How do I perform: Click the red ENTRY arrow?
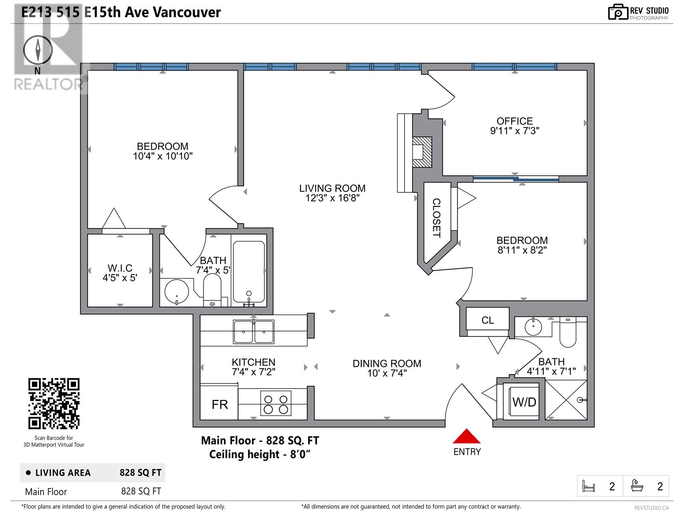point(467,437)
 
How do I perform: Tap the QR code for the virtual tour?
point(54,404)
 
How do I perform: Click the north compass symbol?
point(38,50)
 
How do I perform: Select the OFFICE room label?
point(515,121)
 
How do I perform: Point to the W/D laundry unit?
point(524,402)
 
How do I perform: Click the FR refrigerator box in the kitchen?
point(220,404)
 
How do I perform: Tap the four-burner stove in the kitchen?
point(276,404)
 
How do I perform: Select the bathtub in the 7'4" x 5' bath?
point(248,271)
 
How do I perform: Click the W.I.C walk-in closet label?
point(120,268)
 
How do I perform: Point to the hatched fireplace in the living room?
point(422,152)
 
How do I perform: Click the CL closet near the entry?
point(487,320)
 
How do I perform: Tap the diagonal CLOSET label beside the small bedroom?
point(436,218)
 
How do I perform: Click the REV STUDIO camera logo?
point(618,12)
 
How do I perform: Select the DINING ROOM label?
point(386,363)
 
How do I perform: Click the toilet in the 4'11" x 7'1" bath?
point(568,333)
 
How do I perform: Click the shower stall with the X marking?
point(566,400)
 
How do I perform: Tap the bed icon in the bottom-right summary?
point(589,486)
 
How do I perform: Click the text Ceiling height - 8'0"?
point(259,454)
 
